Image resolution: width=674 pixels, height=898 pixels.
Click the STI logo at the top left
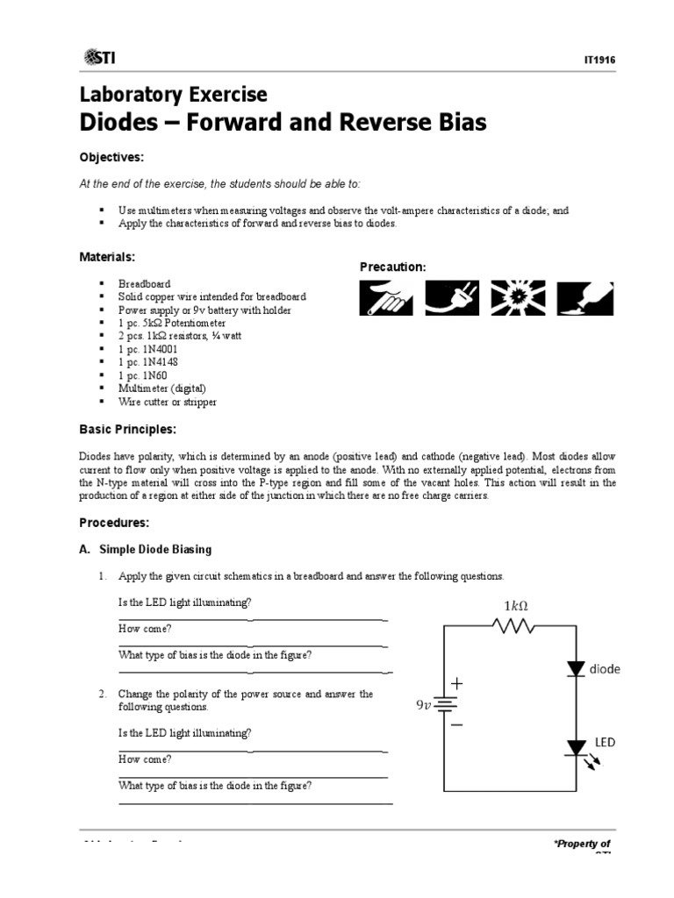(99, 57)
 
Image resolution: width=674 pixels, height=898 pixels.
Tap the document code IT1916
(599, 60)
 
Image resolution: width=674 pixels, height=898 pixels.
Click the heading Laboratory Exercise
(174, 95)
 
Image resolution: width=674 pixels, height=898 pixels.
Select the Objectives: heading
(111, 157)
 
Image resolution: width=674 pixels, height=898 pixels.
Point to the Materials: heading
(108, 257)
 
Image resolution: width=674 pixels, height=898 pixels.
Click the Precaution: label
(393, 267)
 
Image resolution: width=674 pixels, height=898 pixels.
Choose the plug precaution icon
(453, 297)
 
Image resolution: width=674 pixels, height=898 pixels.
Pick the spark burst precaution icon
(518, 297)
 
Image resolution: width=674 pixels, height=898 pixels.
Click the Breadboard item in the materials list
(145, 284)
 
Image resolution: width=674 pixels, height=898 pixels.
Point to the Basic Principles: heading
(127, 430)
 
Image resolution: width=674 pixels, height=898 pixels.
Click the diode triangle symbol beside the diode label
(576, 668)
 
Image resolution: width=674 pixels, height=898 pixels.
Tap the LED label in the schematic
(606, 743)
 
